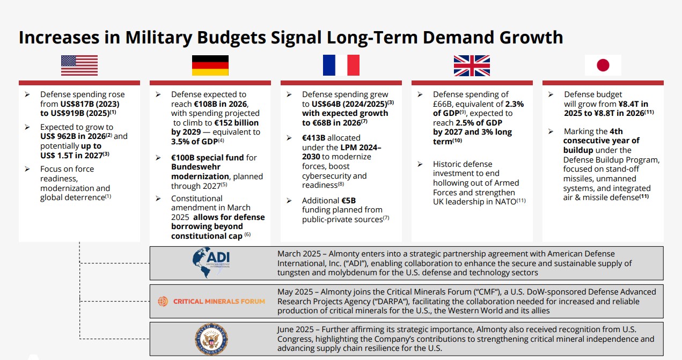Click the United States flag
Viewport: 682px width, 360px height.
point(79,65)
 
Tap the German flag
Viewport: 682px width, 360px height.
point(210,65)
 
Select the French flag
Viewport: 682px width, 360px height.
point(341,65)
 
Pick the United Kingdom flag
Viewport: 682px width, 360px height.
point(472,65)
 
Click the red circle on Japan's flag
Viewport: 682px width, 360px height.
point(603,65)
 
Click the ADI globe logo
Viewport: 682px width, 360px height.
point(211,262)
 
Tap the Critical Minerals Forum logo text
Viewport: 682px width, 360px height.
point(219,302)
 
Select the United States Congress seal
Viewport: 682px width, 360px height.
point(211,339)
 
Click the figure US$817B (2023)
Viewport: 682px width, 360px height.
point(90,104)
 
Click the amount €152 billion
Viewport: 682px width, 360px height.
point(236,123)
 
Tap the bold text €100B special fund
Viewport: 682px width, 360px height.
point(207,158)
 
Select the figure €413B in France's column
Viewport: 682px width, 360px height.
point(313,138)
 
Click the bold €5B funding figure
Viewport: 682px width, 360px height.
point(348,201)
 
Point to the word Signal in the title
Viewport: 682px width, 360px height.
point(296,38)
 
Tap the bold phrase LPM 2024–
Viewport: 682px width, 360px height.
point(361,148)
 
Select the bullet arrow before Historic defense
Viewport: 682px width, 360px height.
point(420,164)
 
